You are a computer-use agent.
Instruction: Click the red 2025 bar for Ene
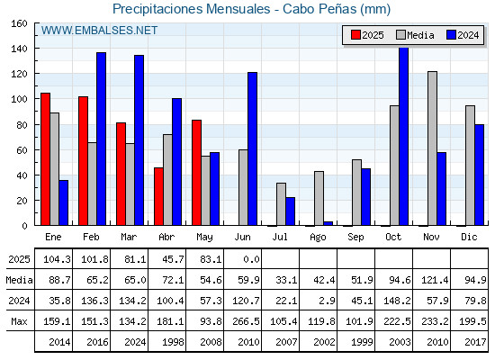[45, 159]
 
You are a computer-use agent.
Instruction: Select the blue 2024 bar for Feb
[101, 139]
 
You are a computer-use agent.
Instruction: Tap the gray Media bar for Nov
[432, 148]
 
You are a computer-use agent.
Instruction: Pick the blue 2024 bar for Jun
[252, 148]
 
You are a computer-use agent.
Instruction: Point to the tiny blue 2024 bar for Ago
[328, 223]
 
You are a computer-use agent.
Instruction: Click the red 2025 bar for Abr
[158, 196]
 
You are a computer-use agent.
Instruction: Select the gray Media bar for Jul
[281, 204]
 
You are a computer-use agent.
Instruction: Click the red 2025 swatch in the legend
[355, 35]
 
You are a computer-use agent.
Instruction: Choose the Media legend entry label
[420, 35]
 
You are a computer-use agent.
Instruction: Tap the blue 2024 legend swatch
[451, 35]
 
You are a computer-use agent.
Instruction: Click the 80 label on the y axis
[22, 125]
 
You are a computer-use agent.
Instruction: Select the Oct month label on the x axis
[393, 237]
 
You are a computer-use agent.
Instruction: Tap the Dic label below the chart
[469, 237]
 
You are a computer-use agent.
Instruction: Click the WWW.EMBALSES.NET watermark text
[99, 31]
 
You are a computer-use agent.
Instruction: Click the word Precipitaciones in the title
[157, 9]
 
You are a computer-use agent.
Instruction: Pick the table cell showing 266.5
[247, 321]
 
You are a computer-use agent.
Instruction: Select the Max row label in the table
[19, 321]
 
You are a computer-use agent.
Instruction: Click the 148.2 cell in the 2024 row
[397, 301]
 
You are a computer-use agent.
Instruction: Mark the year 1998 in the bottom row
[173, 342]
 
